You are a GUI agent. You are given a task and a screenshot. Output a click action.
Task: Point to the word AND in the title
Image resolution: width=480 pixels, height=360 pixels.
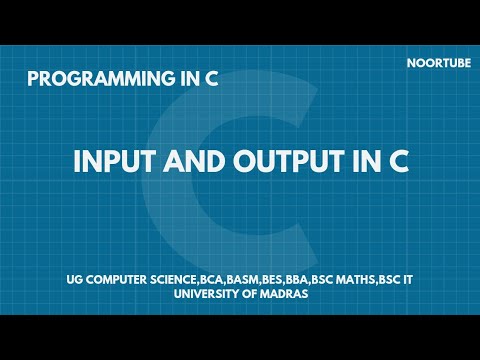pyautogui.click(x=187, y=163)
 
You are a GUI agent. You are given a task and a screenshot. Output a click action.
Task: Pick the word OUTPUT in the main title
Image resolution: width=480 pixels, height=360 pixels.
pyautogui.click(x=274, y=163)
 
